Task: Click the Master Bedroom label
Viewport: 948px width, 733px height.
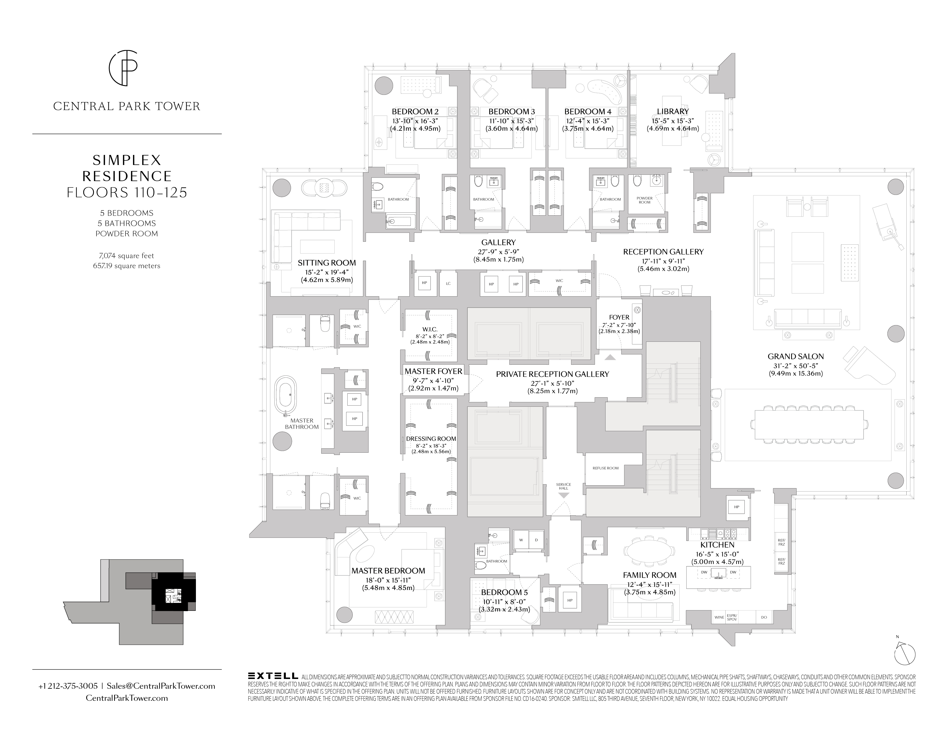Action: (388, 571)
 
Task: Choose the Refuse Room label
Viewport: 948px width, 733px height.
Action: (606, 468)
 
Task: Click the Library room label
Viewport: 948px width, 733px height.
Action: (673, 112)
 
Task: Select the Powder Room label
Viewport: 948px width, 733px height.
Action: (645, 200)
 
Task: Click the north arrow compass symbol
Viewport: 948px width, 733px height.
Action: (905, 654)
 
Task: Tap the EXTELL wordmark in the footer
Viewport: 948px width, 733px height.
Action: (273, 676)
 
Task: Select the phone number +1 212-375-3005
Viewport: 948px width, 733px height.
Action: (68, 686)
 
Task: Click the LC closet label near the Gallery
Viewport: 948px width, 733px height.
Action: (448, 283)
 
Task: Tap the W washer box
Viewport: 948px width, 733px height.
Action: (521, 540)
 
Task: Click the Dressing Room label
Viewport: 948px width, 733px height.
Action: (431, 439)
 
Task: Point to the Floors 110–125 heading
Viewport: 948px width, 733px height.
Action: (127, 192)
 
